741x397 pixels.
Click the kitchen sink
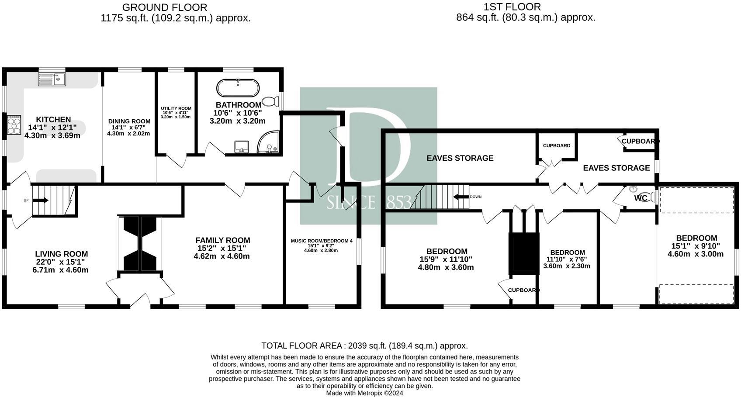52,79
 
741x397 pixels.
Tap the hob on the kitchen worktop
14,124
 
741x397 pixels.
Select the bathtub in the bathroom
238,88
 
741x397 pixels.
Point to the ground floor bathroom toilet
271,101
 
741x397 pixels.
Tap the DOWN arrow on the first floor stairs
461,197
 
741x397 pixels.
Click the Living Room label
62,254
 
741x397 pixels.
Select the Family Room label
223,240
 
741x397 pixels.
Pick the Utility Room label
176,108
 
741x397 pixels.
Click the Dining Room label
129,121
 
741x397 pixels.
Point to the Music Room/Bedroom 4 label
322,241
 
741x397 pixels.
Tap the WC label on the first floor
641,198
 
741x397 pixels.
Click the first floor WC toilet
649,197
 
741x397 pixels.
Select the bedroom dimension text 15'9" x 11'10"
446,259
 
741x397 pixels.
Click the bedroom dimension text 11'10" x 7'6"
567,259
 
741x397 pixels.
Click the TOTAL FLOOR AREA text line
364,346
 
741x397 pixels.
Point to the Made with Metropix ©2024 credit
364,394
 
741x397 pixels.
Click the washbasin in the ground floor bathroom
242,147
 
